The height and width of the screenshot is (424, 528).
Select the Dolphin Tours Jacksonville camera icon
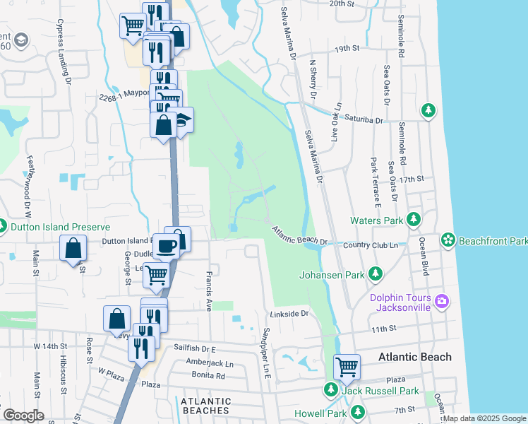click(x=442, y=301)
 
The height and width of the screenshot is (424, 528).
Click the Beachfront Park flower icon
click(x=448, y=240)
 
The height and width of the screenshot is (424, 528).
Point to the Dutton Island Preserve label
click(x=61, y=227)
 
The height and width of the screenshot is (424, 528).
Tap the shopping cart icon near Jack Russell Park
click(x=347, y=367)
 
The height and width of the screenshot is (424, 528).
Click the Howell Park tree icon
click(x=359, y=411)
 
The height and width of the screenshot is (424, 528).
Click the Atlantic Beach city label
click(x=414, y=357)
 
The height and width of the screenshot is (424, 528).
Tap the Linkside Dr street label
click(x=289, y=313)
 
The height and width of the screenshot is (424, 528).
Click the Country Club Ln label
click(x=371, y=245)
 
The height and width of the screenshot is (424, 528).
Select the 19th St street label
click(x=347, y=49)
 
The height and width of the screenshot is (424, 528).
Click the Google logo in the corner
click(x=23, y=416)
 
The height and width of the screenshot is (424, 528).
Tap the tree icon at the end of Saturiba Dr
click(x=427, y=110)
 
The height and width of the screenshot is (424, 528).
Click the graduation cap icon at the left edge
click(x=20, y=39)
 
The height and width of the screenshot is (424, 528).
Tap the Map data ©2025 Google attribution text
click(x=484, y=418)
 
